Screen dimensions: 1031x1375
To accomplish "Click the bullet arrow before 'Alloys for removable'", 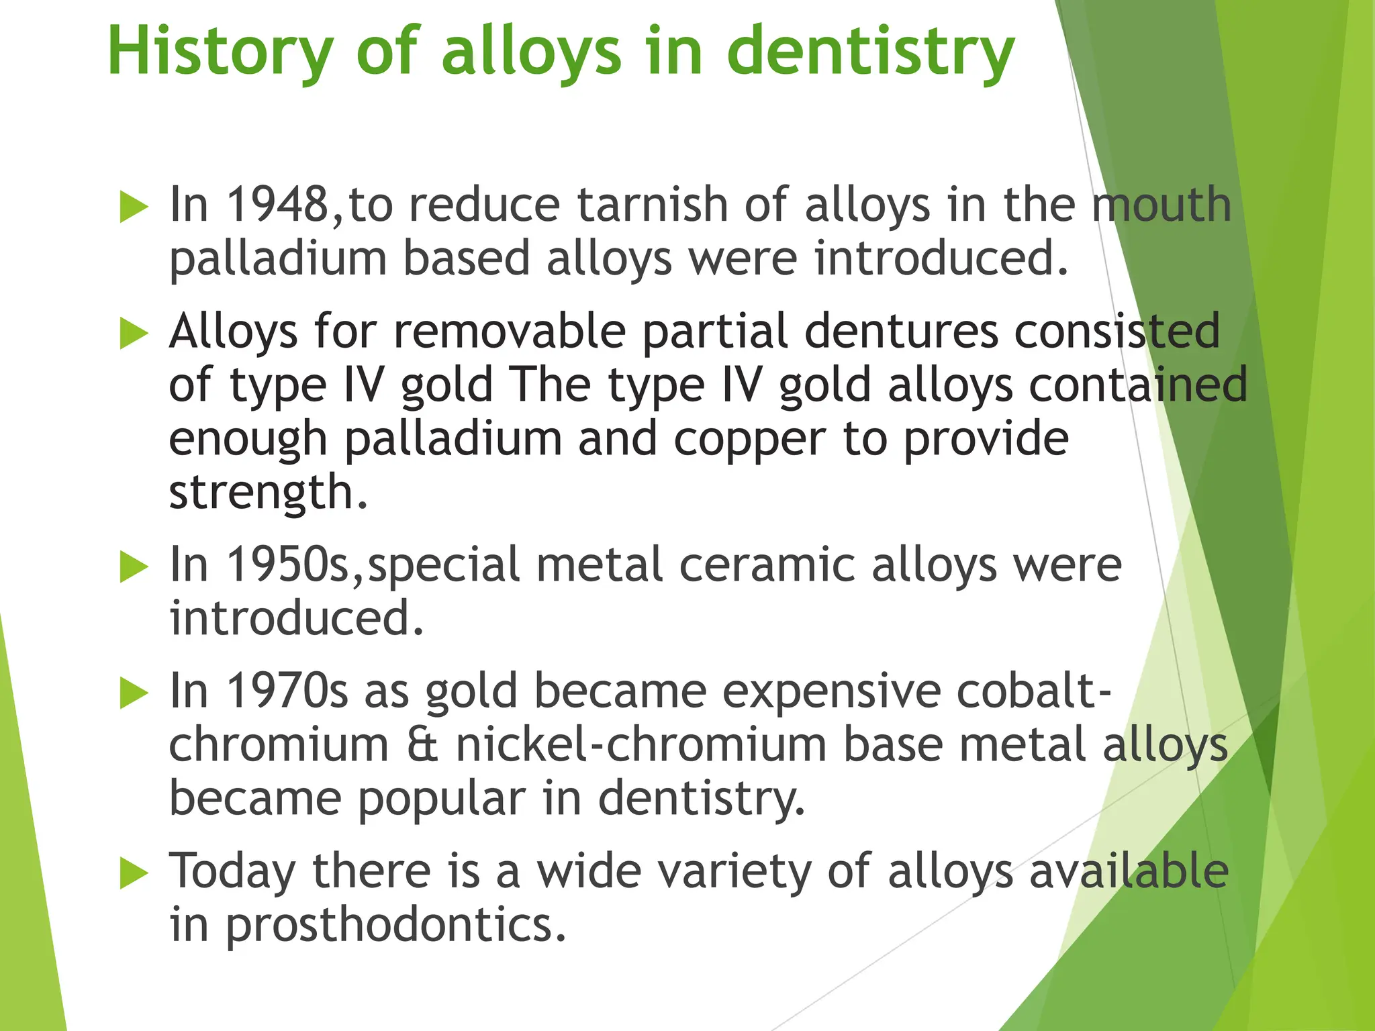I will [x=134, y=334].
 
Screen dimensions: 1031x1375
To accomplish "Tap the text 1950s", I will [x=287, y=564].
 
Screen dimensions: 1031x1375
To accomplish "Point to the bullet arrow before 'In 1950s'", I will [x=134, y=567].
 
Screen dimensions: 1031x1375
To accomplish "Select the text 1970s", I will [x=287, y=691].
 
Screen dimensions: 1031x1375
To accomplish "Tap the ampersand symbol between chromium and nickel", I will [x=422, y=745].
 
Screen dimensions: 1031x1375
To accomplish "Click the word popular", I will [x=441, y=799].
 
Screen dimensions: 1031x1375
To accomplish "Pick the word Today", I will [x=232, y=871].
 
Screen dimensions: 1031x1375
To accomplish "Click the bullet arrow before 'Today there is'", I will [x=134, y=874].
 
